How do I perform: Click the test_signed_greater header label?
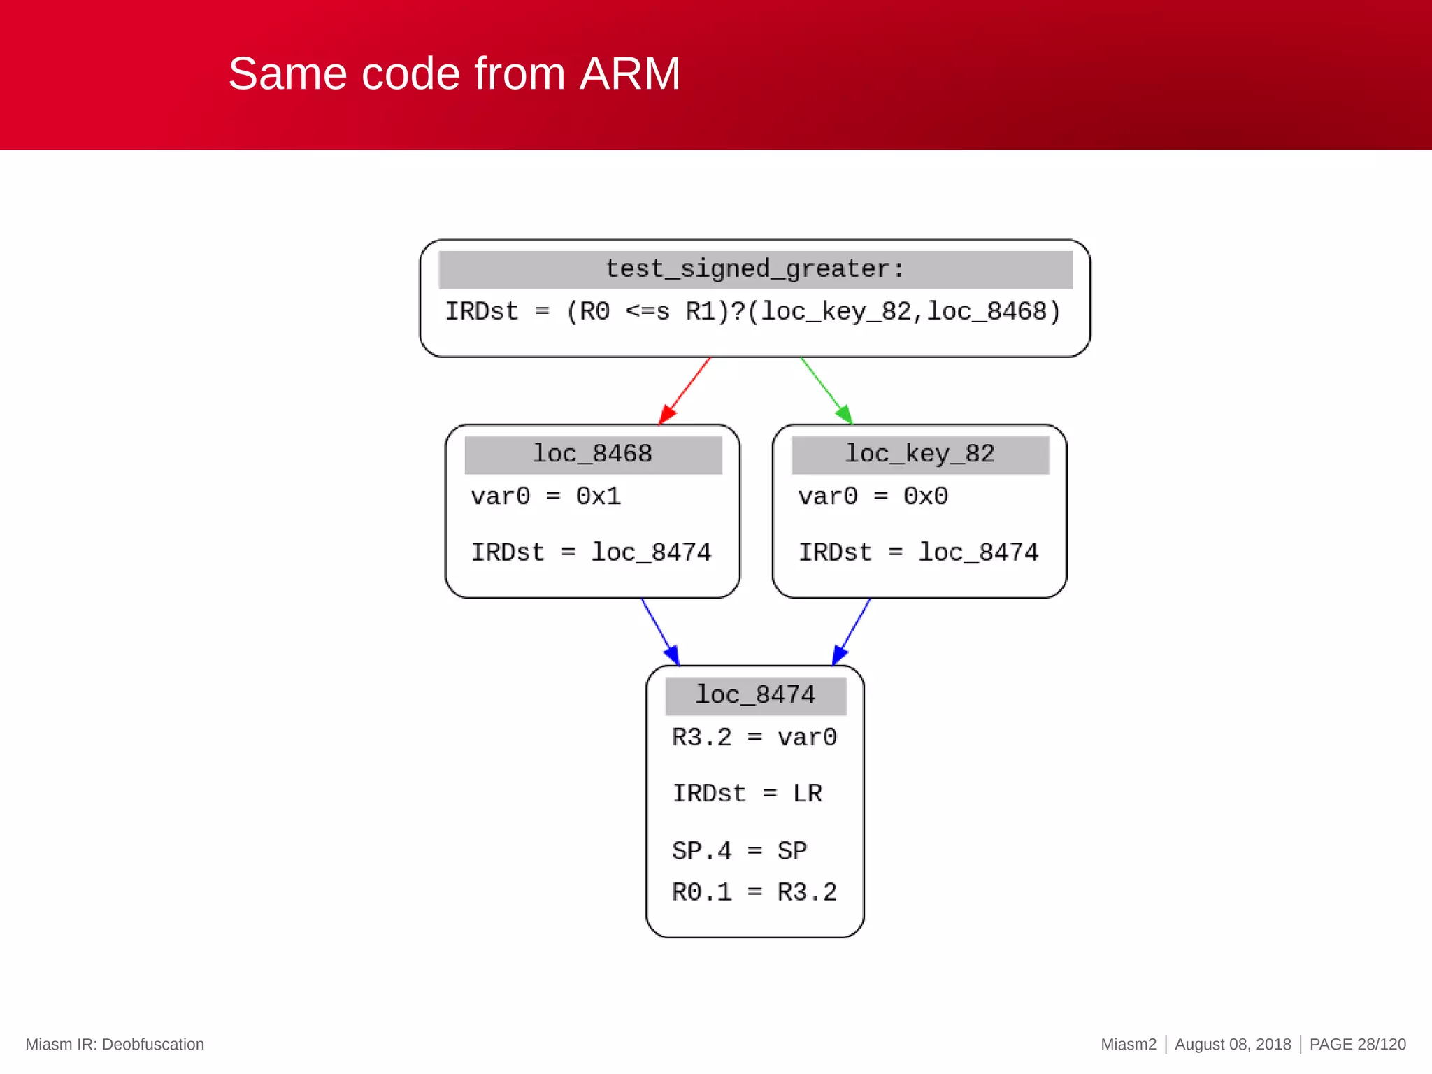(x=755, y=269)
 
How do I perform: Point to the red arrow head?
(x=667, y=414)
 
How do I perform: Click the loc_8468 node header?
(x=593, y=454)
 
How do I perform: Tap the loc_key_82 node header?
(x=919, y=454)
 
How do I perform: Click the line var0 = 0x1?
(x=545, y=496)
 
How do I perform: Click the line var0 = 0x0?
(x=873, y=496)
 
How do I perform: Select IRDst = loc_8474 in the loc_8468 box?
(x=591, y=552)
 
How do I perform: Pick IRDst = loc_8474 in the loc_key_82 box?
(x=918, y=552)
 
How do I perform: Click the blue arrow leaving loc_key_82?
(x=852, y=629)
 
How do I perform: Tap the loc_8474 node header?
(x=755, y=695)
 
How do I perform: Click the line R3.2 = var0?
(x=754, y=738)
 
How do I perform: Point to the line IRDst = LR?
(x=747, y=794)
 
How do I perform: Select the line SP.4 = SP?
(x=739, y=851)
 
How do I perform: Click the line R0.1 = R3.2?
(x=754, y=892)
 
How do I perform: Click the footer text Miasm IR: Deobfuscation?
(x=115, y=1044)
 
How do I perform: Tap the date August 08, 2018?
(x=1232, y=1044)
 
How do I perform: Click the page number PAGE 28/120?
(x=1357, y=1044)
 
